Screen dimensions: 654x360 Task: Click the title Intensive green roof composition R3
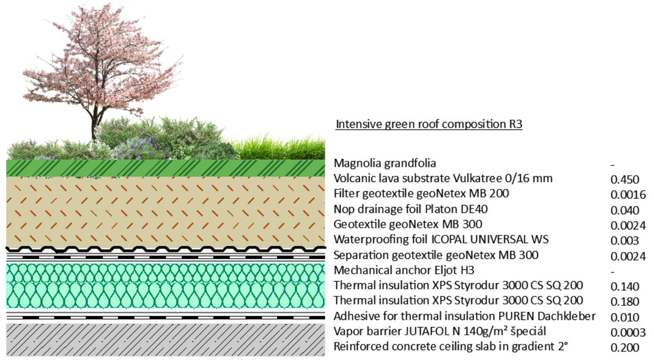(429, 125)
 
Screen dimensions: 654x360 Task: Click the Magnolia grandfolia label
(385, 163)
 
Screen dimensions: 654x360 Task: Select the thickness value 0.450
(624, 179)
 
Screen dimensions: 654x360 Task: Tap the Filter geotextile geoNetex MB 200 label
(421, 194)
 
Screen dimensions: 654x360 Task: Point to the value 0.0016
(628, 195)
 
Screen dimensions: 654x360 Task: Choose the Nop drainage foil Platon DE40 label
(410, 209)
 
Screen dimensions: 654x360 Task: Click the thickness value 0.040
(624, 210)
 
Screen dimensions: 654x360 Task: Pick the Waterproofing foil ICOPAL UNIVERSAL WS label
(441, 239)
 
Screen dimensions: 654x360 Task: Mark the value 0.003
(624, 241)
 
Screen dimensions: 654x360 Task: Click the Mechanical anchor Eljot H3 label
(404, 271)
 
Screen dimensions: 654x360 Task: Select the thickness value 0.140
(624, 286)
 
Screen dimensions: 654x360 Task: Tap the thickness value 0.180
(624, 302)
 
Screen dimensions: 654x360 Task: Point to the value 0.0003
(628, 333)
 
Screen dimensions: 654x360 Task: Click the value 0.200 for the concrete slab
(624, 347)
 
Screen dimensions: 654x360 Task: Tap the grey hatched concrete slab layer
(166, 340)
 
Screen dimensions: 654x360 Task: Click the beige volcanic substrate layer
(166, 211)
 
